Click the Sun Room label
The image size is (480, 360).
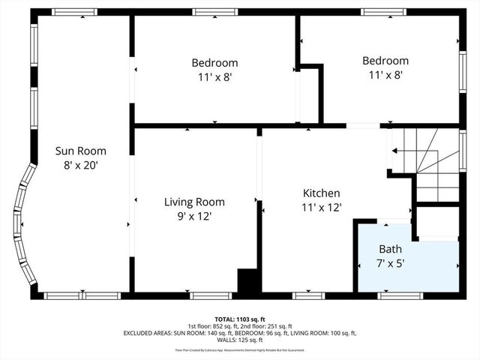(80, 150)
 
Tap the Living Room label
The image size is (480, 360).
(194, 202)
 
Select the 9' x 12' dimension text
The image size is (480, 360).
(194, 216)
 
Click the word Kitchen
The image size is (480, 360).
(321, 193)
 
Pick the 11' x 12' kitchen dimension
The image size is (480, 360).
(321, 207)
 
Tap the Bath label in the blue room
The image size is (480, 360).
(390, 249)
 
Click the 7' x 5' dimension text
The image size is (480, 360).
(390, 263)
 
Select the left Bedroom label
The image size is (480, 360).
(214, 63)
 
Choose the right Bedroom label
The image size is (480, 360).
(385, 61)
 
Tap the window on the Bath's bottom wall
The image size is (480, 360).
(394, 295)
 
